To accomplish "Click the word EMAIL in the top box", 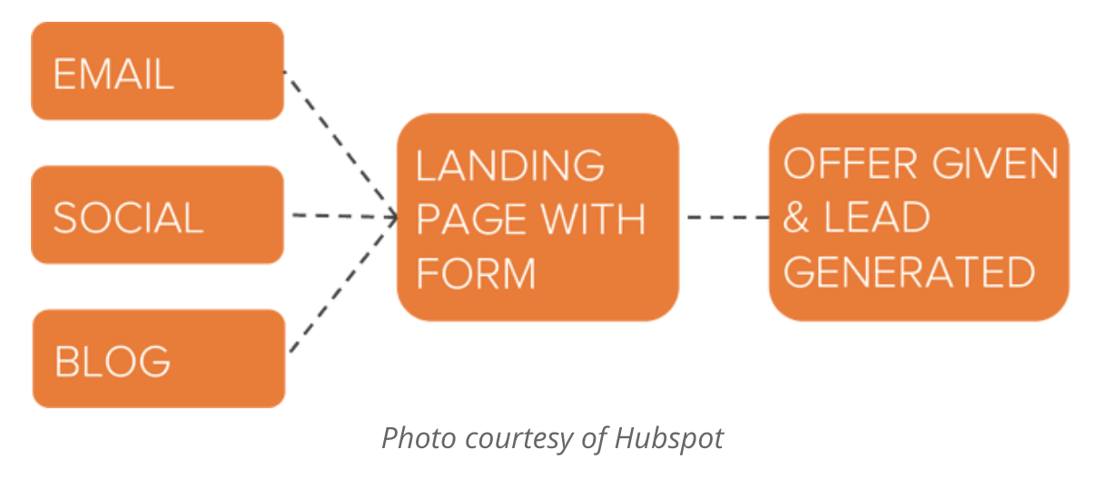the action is coord(113,73).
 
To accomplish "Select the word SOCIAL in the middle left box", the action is coord(128,218).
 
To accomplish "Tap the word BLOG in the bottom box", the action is coord(113,362).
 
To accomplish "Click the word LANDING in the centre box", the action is coord(510,166).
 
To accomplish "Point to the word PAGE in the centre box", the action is coord(472,220).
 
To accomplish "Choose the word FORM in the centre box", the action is coord(476,273).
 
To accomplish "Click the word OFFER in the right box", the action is coord(850,163).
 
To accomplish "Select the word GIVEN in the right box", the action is coord(995,163).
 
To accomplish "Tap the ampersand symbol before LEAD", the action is coord(796,217).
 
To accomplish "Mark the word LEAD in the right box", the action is coord(877,217).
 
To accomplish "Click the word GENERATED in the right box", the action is coord(909,271).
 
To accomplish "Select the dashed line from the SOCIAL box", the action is coord(344,216).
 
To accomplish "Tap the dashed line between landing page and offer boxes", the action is coord(728,217).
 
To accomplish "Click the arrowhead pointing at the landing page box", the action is coord(392,217).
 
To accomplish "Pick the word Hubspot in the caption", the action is coord(669,438).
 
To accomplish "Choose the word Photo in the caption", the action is coord(419,437).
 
